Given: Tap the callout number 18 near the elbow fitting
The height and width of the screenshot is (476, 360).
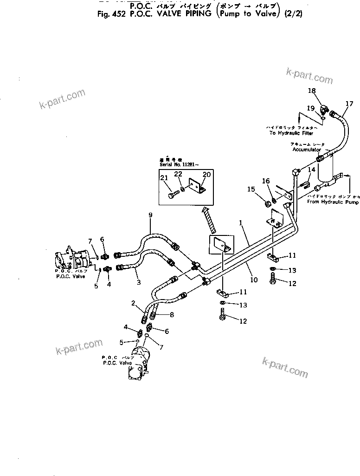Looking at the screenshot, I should tap(312, 91).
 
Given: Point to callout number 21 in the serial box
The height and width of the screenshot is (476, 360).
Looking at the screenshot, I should tap(164, 178).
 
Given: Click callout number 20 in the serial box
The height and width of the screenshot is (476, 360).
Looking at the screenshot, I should tap(206, 174).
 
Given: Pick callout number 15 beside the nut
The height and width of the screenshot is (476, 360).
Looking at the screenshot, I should tap(251, 189).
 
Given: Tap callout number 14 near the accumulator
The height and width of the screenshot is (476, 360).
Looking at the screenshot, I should tap(312, 170).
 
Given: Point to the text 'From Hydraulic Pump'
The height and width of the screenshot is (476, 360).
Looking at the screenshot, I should tap(333, 202).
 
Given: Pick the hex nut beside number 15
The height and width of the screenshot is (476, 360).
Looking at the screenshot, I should tap(268, 203).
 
